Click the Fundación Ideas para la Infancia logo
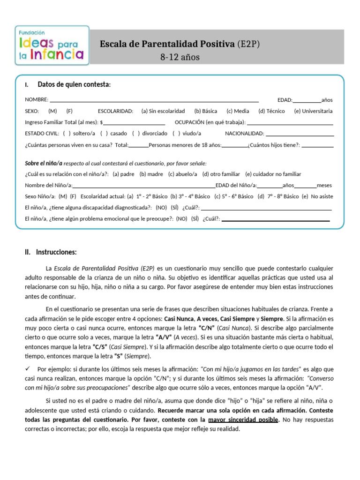tap(52, 45)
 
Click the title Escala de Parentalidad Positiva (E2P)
tap(180, 44)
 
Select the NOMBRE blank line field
tap(154, 100)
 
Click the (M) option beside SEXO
tap(52, 111)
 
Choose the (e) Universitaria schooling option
tap(313, 111)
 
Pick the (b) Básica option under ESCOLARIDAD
tap(205, 111)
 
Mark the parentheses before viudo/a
tap(176, 134)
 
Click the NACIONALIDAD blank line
tap(300, 134)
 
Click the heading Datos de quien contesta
tap(74, 84)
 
